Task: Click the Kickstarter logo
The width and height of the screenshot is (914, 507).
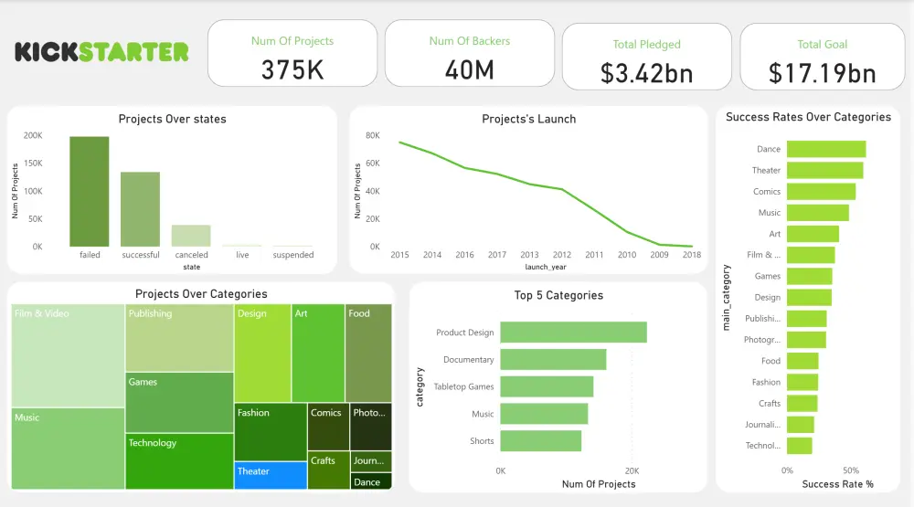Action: pyautogui.click(x=101, y=52)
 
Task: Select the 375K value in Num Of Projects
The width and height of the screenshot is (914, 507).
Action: pyautogui.click(x=292, y=70)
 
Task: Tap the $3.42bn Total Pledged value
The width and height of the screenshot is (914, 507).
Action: pyautogui.click(x=646, y=73)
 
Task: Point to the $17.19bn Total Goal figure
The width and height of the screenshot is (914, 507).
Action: pyautogui.click(x=823, y=73)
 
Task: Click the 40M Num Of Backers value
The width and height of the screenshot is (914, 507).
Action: pyautogui.click(x=469, y=70)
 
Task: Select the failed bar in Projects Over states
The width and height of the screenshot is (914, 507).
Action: pyautogui.click(x=90, y=192)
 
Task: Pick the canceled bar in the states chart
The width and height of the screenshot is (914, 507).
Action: pyautogui.click(x=191, y=236)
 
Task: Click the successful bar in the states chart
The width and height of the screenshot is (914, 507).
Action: pyautogui.click(x=140, y=209)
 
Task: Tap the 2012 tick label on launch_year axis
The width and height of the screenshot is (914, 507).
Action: pyautogui.click(x=561, y=255)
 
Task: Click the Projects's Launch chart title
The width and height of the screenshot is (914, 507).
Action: pyautogui.click(x=528, y=119)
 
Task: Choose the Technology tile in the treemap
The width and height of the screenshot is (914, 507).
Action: pyautogui.click(x=179, y=461)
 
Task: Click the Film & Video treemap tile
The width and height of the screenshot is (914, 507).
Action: pyautogui.click(x=68, y=355)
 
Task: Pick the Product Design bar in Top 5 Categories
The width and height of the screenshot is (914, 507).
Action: pyautogui.click(x=573, y=333)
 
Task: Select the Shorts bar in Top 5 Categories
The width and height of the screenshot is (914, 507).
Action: pyautogui.click(x=540, y=441)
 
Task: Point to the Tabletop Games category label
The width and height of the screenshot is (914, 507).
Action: pyautogui.click(x=463, y=386)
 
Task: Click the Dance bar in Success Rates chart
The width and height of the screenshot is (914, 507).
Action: pyautogui.click(x=825, y=149)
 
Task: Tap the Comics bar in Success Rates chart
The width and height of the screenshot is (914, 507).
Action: pyautogui.click(x=821, y=192)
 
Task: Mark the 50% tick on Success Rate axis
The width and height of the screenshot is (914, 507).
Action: pyautogui.click(x=850, y=470)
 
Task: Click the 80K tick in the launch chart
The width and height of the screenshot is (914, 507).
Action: pyautogui.click(x=373, y=135)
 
